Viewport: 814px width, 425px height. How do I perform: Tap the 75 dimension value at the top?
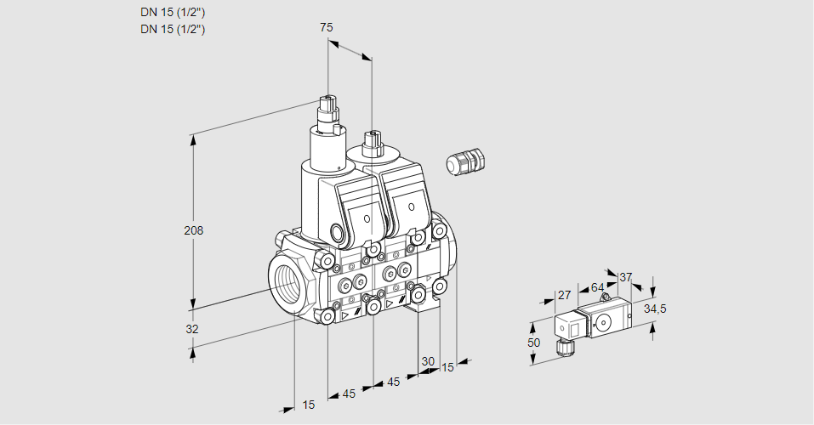coord(326,28)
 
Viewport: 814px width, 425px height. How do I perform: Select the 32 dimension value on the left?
coord(192,329)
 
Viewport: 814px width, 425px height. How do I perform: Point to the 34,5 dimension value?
coord(654,309)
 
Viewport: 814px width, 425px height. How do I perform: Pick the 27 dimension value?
coord(564,295)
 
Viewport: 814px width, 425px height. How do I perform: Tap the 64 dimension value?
coord(597,287)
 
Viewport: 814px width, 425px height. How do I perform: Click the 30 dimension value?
coord(427,360)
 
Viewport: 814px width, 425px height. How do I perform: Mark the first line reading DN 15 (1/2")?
coord(173,12)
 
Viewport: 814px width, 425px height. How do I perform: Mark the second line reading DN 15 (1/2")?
coord(173,29)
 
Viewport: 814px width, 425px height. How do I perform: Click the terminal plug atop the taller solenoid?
coord(328,110)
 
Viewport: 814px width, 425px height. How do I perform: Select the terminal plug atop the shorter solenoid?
coord(370,141)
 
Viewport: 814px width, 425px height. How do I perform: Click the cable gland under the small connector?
coord(562,345)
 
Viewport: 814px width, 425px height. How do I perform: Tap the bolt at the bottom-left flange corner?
coord(327,316)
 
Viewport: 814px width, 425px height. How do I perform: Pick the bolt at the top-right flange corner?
coord(439,231)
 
